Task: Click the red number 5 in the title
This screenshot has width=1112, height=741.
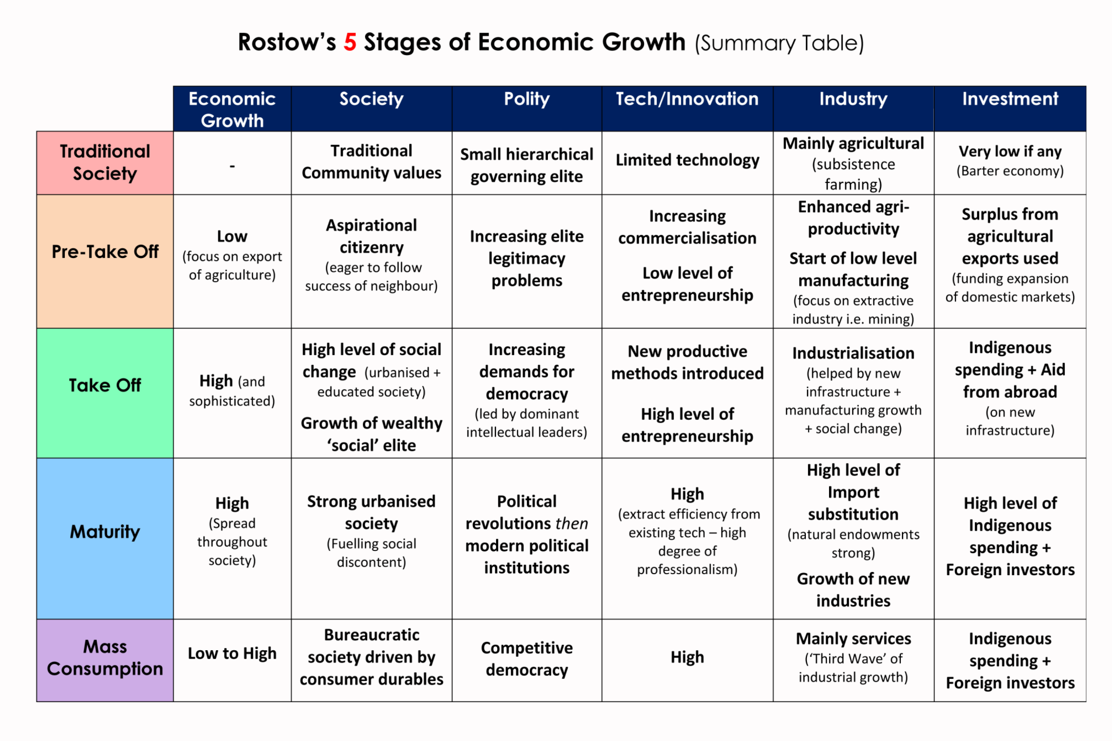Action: click(x=350, y=42)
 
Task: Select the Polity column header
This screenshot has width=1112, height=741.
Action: click(x=527, y=99)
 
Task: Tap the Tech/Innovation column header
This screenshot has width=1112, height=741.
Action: click(x=687, y=99)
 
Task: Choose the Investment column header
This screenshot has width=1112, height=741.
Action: click(x=1009, y=99)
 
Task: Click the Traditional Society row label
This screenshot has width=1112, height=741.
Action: click(x=105, y=162)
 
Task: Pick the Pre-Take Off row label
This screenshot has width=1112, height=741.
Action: click(x=105, y=251)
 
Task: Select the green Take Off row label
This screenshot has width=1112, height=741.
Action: click(x=105, y=385)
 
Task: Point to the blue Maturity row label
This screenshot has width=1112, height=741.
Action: click(x=105, y=531)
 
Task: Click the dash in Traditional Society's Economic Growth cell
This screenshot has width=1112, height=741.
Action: click(x=232, y=166)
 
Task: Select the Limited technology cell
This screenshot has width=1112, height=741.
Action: click(x=687, y=160)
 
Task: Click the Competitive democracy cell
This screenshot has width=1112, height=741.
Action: click(x=527, y=658)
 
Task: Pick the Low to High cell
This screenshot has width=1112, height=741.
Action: click(x=232, y=653)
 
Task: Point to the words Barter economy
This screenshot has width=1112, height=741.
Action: click(x=1009, y=171)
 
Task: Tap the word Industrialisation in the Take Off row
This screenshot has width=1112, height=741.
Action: click(x=853, y=353)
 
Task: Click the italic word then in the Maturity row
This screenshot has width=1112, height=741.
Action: click(x=571, y=524)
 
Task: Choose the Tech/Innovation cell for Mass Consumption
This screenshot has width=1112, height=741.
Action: click(x=687, y=657)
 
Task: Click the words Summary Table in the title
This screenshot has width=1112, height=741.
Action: click(x=779, y=43)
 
